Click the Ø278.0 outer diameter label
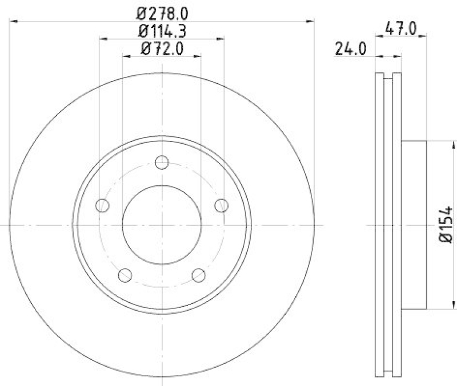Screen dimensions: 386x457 pos(162,12)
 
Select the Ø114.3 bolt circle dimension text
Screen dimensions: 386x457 pos(162,31)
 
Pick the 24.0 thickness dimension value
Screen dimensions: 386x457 pos(350,49)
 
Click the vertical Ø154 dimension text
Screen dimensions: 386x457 pos(447,225)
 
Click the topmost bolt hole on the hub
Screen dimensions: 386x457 pos(162,162)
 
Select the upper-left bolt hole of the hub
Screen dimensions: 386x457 pos(102,205)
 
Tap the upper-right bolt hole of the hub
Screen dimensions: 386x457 pos(222,205)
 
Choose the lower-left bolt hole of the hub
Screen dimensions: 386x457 pos(125,275)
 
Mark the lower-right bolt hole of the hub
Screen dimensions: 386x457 pos(199,275)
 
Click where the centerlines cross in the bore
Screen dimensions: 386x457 pos(162,225)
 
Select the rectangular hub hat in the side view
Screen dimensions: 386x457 pos(414,225)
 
